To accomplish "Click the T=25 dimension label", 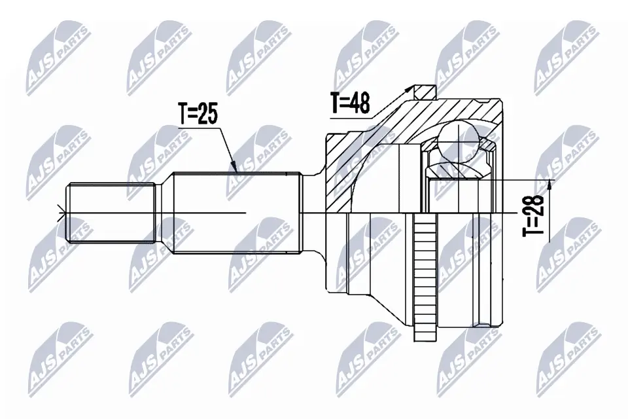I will pyautogui.click(x=197, y=114).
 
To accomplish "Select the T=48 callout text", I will pyautogui.click(x=350, y=103).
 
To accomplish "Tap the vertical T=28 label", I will pyautogui.click(x=534, y=215).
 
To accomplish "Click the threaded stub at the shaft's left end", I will pyautogui.click(x=111, y=212).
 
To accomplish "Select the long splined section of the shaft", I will pyautogui.click(x=235, y=212).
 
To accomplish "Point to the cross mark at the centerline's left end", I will pyautogui.click(x=63, y=212).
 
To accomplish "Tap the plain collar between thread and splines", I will pyautogui.click(x=164, y=212).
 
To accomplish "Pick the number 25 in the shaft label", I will pyautogui.click(x=208, y=114).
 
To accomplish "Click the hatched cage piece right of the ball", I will pyautogui.click(x=488, y=145).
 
